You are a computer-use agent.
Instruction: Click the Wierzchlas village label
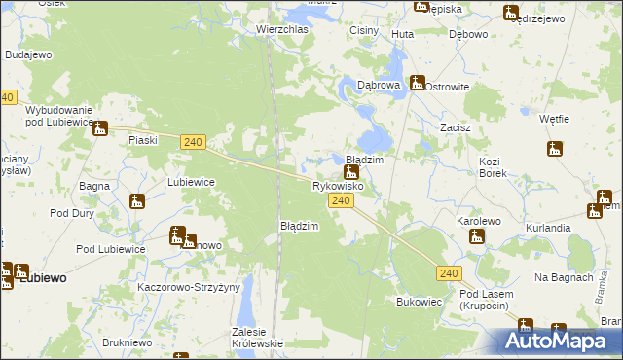coord(282,29)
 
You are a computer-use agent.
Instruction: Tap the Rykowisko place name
coord(338,185)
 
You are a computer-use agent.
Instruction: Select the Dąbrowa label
coord(379,86)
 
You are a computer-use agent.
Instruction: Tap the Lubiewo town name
coord(44,277)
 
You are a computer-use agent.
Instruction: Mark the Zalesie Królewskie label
coord(257,337)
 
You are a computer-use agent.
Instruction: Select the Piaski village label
coord(144,140)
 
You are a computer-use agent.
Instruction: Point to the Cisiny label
coord(364,31)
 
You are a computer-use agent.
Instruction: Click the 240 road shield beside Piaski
coord(193,142)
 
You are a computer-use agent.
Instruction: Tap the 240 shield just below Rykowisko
coord(340,200)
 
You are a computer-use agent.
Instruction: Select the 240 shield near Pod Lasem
coord(449,274)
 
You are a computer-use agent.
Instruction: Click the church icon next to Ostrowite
coord(418,83)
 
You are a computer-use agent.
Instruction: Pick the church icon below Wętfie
coord(555,149)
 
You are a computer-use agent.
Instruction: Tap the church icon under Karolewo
coord(476,236)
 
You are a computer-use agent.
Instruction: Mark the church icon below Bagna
coord(137,201)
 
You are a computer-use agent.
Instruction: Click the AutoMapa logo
coord(557,341)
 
